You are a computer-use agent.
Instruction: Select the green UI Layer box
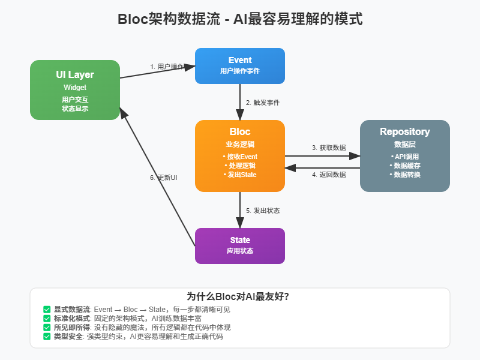75,90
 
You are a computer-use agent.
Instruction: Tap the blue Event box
240,66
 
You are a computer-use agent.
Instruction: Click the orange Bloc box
240,156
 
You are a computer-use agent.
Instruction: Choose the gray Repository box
405,156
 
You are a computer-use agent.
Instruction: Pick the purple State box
240,245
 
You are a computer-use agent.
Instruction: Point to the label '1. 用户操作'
167,67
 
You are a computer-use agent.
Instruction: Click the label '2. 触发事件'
263,103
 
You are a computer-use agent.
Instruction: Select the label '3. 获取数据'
329,147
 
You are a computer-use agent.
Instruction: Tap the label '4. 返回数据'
329,175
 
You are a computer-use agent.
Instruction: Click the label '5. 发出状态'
263,211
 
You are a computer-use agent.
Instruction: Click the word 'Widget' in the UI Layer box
75,88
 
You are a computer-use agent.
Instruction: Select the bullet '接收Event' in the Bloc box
240,157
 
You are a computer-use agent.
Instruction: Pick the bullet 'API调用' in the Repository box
405,157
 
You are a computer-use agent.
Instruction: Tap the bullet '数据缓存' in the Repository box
405,166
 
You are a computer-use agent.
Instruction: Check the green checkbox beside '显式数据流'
47,310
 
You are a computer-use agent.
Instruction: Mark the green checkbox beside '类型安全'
47,337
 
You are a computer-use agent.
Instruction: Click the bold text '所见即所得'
71,328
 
